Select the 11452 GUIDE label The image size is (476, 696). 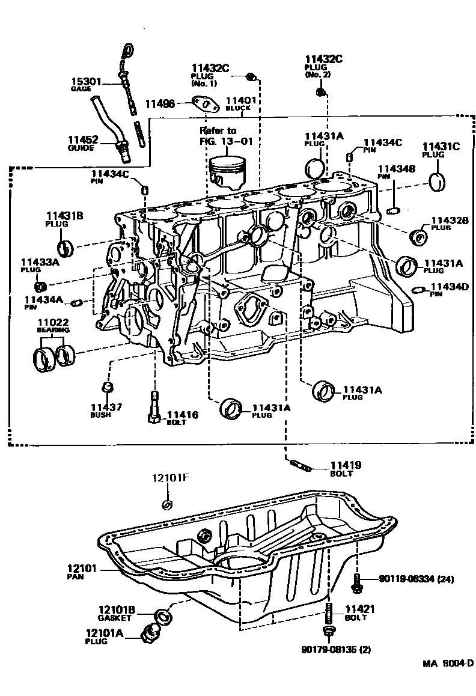82,139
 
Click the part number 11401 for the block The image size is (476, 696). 241,101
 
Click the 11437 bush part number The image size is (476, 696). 106,407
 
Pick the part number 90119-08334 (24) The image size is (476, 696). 416,579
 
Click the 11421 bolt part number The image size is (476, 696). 360,609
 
